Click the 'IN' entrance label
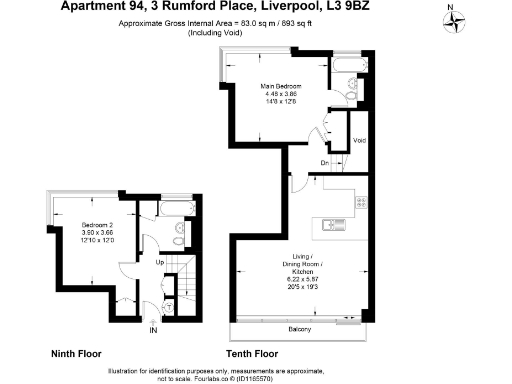(153, 329)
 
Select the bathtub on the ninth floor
(171, 207)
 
